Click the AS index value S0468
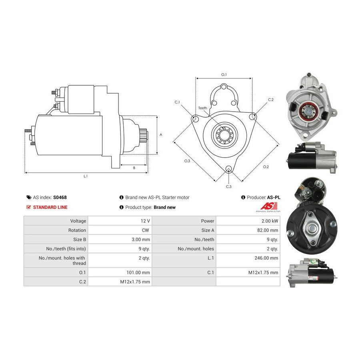click(60, 198)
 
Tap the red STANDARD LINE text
click(50, 207)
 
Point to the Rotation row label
click(77, 230)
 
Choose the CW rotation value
click(146, 230)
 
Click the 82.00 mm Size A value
click(268, 230)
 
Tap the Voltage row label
click(78, 221)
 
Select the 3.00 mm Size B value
click(141, 240)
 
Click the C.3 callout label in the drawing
click(229, 187)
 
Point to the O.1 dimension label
click(224, 75)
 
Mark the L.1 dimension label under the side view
click(86, 176)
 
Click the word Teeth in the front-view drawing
click(203, 108)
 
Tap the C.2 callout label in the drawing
click(271, 100)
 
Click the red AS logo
click(269, 206)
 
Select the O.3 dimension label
click(187, 161)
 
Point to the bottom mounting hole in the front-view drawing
click(228, 169)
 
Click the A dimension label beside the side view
click(161, 135)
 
